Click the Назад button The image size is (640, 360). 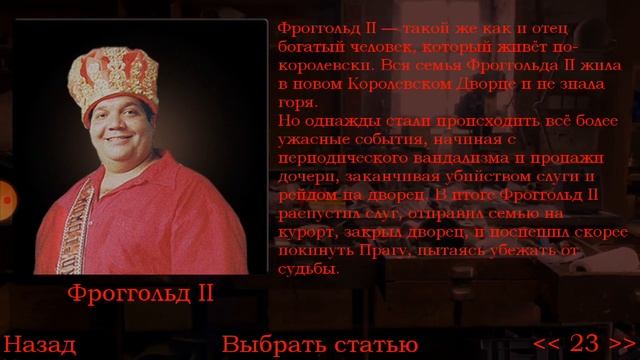coord(39,344)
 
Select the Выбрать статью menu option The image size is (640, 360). coord(319,344)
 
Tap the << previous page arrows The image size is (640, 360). coord(547,344)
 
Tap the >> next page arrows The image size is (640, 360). coord(619,344)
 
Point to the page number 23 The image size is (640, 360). coord(583,344)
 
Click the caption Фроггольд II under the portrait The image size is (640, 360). coord(141,294)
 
